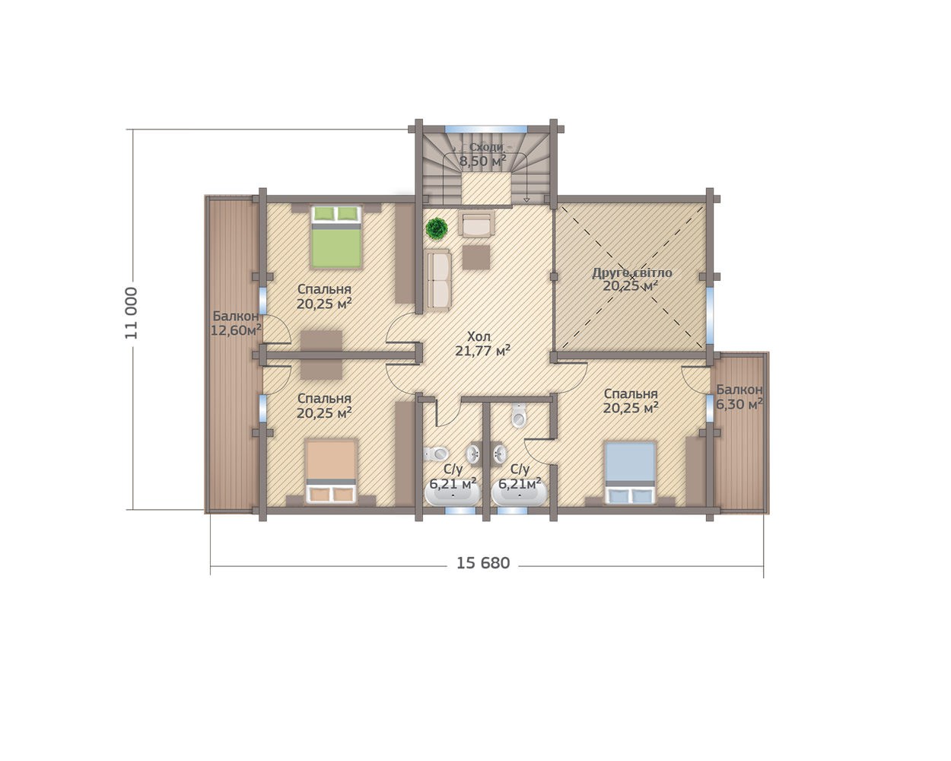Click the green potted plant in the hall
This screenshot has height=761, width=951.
[437, 228]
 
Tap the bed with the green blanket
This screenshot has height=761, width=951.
[336, 237]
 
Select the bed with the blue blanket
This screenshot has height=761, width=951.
[630, 473]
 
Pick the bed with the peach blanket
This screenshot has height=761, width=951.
[331, 471]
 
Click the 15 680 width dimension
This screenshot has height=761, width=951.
[483, 563]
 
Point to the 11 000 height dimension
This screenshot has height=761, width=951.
[132, 313]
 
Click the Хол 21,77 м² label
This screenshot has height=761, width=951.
[482, 343]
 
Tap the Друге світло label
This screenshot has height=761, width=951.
[632, 273]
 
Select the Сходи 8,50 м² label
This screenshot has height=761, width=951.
[482, 154]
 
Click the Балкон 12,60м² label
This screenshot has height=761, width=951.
[236, 323]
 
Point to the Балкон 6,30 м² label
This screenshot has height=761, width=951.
[739, 396]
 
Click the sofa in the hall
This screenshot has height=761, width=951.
[437, 279]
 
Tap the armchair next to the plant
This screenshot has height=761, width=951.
[476, 224]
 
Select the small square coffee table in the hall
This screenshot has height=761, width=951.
[476, 257]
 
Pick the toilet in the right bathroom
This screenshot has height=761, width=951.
[519, 415]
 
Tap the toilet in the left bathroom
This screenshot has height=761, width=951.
[436, 454]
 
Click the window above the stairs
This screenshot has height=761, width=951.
[486, 129]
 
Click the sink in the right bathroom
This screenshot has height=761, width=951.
[500, 454]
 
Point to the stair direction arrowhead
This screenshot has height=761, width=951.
[526, 200]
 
